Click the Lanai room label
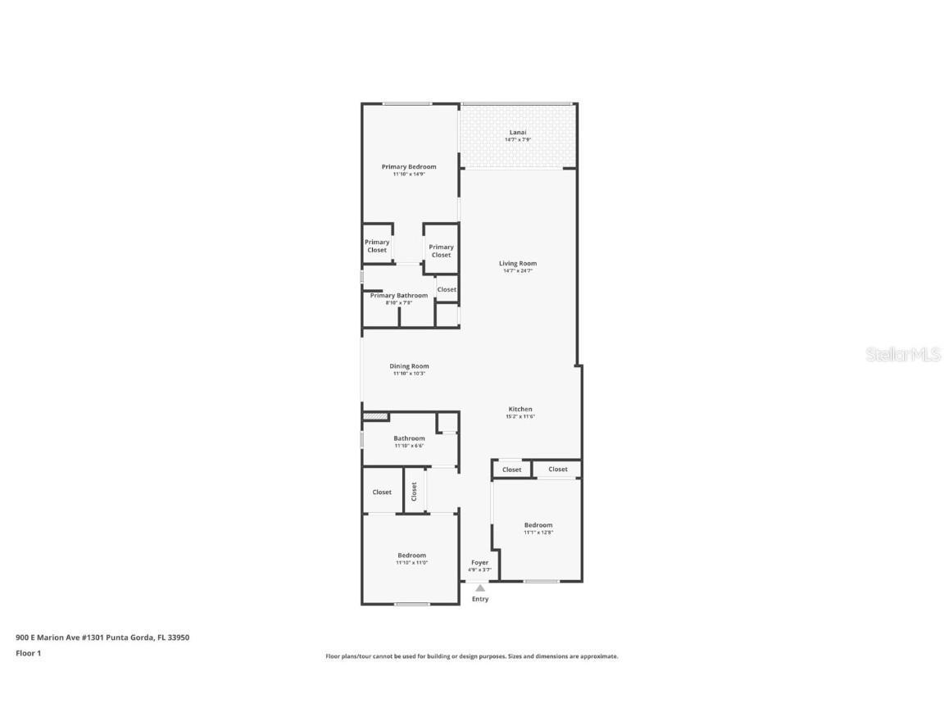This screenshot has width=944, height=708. click(x=518, y=132)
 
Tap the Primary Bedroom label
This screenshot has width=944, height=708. click(x=409, y=166)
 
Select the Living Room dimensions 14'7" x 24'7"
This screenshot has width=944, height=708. click(x=518, y=271)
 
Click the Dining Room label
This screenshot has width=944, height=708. click(x=409, y=366)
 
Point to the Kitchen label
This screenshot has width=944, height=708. click(x=520, y=409)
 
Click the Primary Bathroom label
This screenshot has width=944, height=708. click(x=398, y=295)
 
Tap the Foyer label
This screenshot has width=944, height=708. click(x=479, y=563)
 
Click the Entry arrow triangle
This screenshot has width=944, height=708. click(x=480, y=587)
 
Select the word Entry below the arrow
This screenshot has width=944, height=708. click(x=480, y=599)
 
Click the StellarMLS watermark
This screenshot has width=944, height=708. click(x=902, y=355)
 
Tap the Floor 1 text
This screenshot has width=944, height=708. click(x=28, y=653)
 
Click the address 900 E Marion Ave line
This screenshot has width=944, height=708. click(x=102, y=637)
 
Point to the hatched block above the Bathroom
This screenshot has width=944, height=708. click(x=375, y=416)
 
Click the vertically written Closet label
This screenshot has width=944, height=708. click(x=415, y=491)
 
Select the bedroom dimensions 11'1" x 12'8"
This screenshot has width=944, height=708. click(x=538, y=533)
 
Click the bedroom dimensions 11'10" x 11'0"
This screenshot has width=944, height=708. click(x=411, y=563)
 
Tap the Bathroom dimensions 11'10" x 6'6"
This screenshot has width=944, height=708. click(x=409, y=446)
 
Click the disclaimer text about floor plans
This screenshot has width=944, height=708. click(x=472, y=656)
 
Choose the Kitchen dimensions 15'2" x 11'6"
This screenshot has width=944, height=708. click(x=520, y=416)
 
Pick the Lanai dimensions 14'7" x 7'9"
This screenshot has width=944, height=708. click(x=518, y=140)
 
